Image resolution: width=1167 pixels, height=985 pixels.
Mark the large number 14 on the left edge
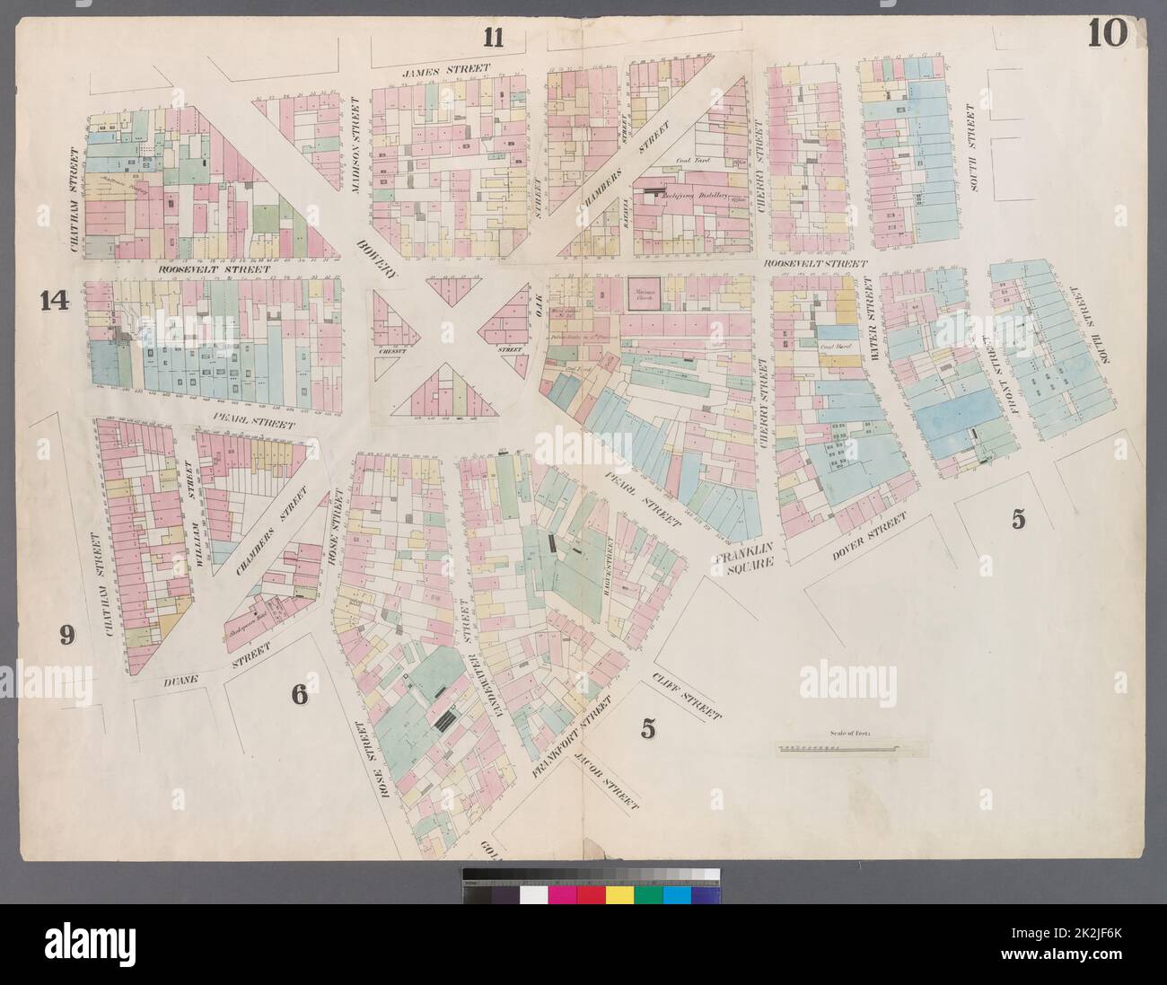[x=54, y=302]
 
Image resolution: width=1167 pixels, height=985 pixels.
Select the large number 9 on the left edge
[x=66, y=636]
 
